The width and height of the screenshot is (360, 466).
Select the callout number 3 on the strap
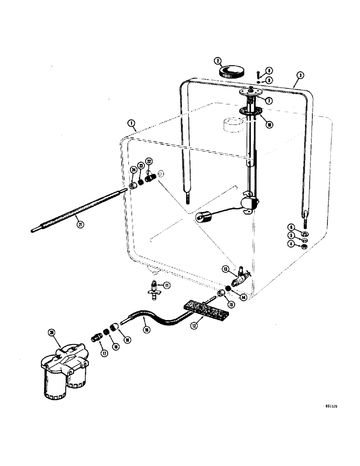tap(300, 75)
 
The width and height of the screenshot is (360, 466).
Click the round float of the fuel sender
tap(201, 217)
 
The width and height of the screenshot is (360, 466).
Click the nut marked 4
tap(304, 246)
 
